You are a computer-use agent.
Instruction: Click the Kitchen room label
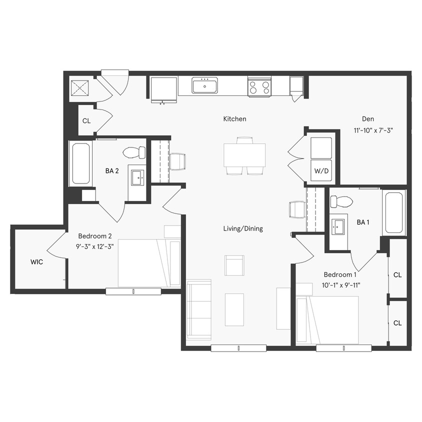click(x=234, y=119)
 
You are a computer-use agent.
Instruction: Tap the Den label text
click(x=368, y=119)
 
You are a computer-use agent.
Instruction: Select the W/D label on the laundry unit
click(x=321, y=171)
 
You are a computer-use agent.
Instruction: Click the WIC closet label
click(x=36, y=262)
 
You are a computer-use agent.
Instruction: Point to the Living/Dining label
click(x=243, y=228)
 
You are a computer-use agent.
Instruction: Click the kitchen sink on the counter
click(x=204, y=85)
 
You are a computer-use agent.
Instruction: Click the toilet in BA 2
click(x=134, y=152)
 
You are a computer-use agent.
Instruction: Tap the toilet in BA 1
click(x=342, y=201)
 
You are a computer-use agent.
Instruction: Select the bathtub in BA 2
click(x=80, y=163)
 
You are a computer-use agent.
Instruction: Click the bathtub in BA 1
click(x=394, y=212)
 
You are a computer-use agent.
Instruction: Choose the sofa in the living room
click(x=199, y=310)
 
